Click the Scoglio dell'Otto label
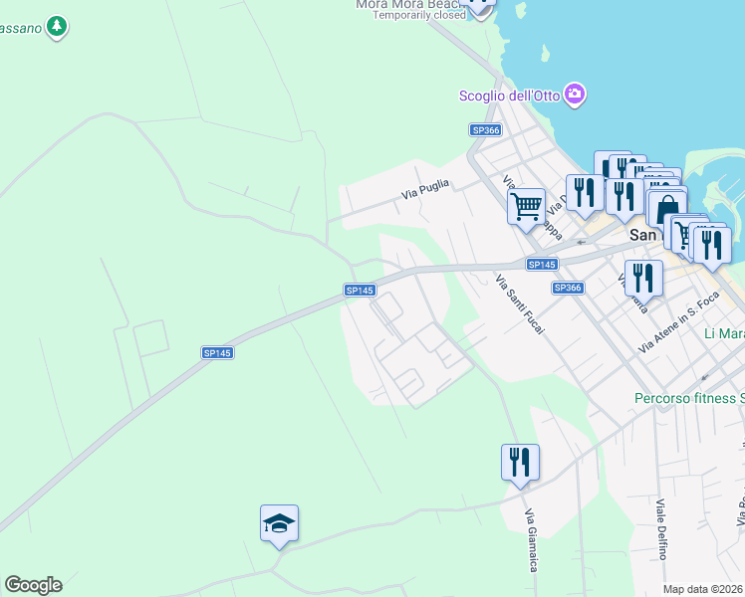tap(509, 96)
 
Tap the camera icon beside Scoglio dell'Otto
tap(574, 95)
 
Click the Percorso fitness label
tap(688, 399)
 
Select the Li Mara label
tap(723, 333)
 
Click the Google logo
tap(33, 585)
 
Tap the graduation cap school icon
tap(279, 523)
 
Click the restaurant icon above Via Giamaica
tap(520, 463)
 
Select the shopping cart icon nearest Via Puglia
tap(526, 207)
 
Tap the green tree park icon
tap(58, 26)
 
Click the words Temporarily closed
tap(419, 16)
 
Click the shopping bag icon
tap(665, 210)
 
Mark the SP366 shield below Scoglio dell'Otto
tap(484, 130)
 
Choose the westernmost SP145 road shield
tap(217, 353)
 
